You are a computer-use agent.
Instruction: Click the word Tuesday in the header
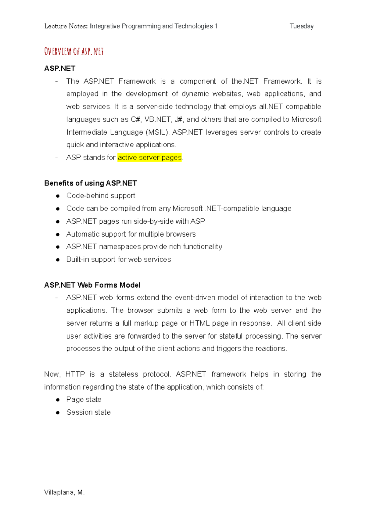pos(301,26)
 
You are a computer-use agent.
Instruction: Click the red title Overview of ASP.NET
pos(74,51)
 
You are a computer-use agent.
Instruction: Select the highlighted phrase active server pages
pos(149,157)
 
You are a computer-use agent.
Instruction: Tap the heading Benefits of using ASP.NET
pos(91,183)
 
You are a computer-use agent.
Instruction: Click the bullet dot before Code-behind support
pos(58,196)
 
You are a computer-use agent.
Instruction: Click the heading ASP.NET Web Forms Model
pos(92,285)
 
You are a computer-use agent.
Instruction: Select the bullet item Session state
pos(88,412)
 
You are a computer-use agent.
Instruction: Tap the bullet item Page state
pos(84,399)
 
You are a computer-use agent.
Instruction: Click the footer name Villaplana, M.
pos(64,492)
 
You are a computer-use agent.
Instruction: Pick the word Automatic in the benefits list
pos(81,234)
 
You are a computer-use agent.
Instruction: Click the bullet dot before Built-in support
pos(58,260)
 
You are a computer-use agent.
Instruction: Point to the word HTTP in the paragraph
pos(75,374)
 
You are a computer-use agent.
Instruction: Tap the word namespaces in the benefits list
pos(120,246)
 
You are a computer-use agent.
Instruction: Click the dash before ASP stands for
pos(56,158)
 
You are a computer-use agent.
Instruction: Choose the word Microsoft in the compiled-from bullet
pos(188,208)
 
